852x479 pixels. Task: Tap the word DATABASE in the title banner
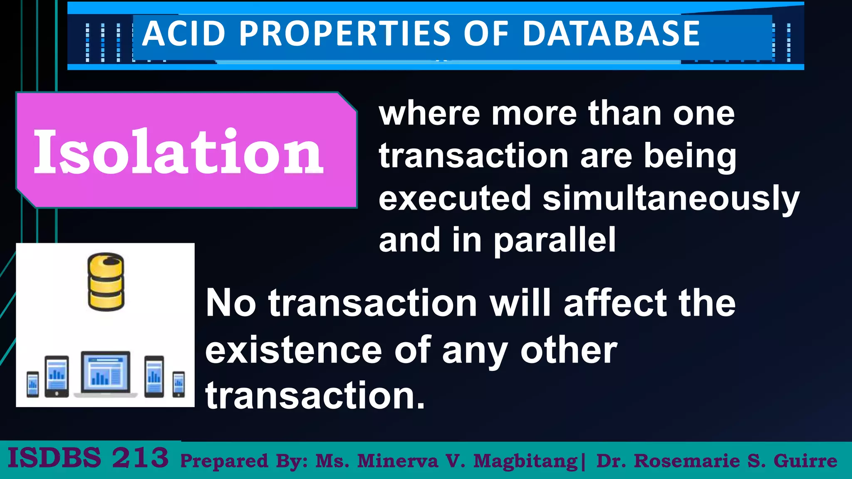tap(611, 34)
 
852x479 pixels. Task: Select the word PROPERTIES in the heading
tap(345, 34)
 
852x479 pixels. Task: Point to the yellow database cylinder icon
tap(106, 282)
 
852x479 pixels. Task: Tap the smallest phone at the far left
tap(33, 384)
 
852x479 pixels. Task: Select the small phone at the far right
tap(179, 384)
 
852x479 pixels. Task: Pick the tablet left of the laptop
tap(57, 376)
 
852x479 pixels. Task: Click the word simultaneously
tap(671, 198)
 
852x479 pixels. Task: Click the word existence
tap(294, 350)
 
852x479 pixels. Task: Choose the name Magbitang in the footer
tap(525, 461)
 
